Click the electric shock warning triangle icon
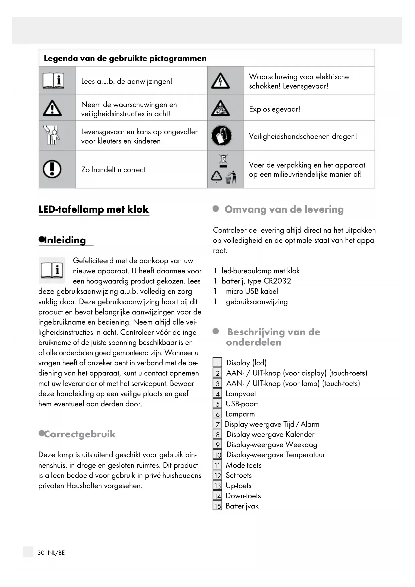point(220,81)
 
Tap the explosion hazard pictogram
point(220,108)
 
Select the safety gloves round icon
point(221,136)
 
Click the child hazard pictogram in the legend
point(52,135)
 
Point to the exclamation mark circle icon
point(52,169)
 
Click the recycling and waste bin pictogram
point(224,169)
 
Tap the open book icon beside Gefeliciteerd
point(52,270)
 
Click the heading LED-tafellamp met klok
point(94,209)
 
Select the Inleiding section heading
point(65,240)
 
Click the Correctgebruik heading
point(80,434)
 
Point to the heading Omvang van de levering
point(284,209)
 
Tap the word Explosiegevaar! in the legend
point(275,109)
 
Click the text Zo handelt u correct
point(113,170)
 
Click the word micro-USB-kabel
point(252,291)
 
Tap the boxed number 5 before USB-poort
point(218,404)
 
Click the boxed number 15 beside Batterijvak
point(218,506)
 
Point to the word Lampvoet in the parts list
point(241,394)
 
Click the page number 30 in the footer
point(41,553)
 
